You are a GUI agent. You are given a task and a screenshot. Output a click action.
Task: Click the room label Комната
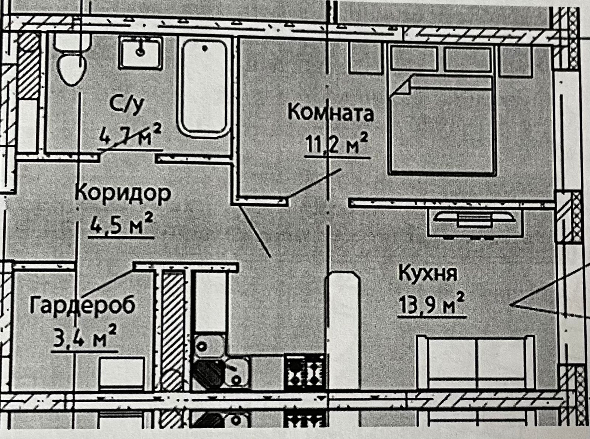click(330, 113)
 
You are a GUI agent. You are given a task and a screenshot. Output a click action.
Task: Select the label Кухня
click(428, 274)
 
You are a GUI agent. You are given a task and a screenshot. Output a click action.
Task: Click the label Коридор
click(123, 193)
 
